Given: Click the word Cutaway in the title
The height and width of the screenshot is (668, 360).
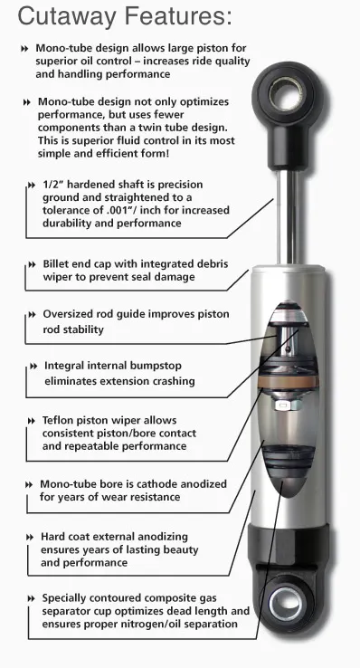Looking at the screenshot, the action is pos(67,17).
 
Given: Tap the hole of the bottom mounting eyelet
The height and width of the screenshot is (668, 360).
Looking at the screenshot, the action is pos(288,603).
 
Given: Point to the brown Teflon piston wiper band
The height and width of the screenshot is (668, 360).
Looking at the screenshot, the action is pos(288,380).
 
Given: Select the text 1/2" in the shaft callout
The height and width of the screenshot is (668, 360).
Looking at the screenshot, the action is pos(54,185).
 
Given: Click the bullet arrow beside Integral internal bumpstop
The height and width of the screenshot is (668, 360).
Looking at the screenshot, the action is pos(34,367).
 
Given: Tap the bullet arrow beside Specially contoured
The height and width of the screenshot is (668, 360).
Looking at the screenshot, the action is pos(31,598).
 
